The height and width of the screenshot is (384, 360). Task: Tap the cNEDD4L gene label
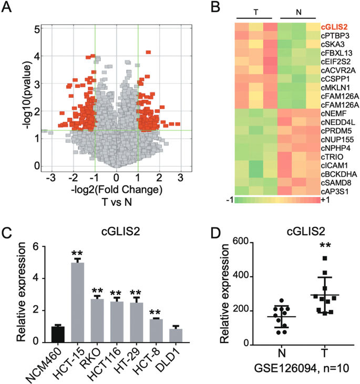(x=337, y=122)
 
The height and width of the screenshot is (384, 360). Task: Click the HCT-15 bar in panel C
(x=78, y=303)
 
